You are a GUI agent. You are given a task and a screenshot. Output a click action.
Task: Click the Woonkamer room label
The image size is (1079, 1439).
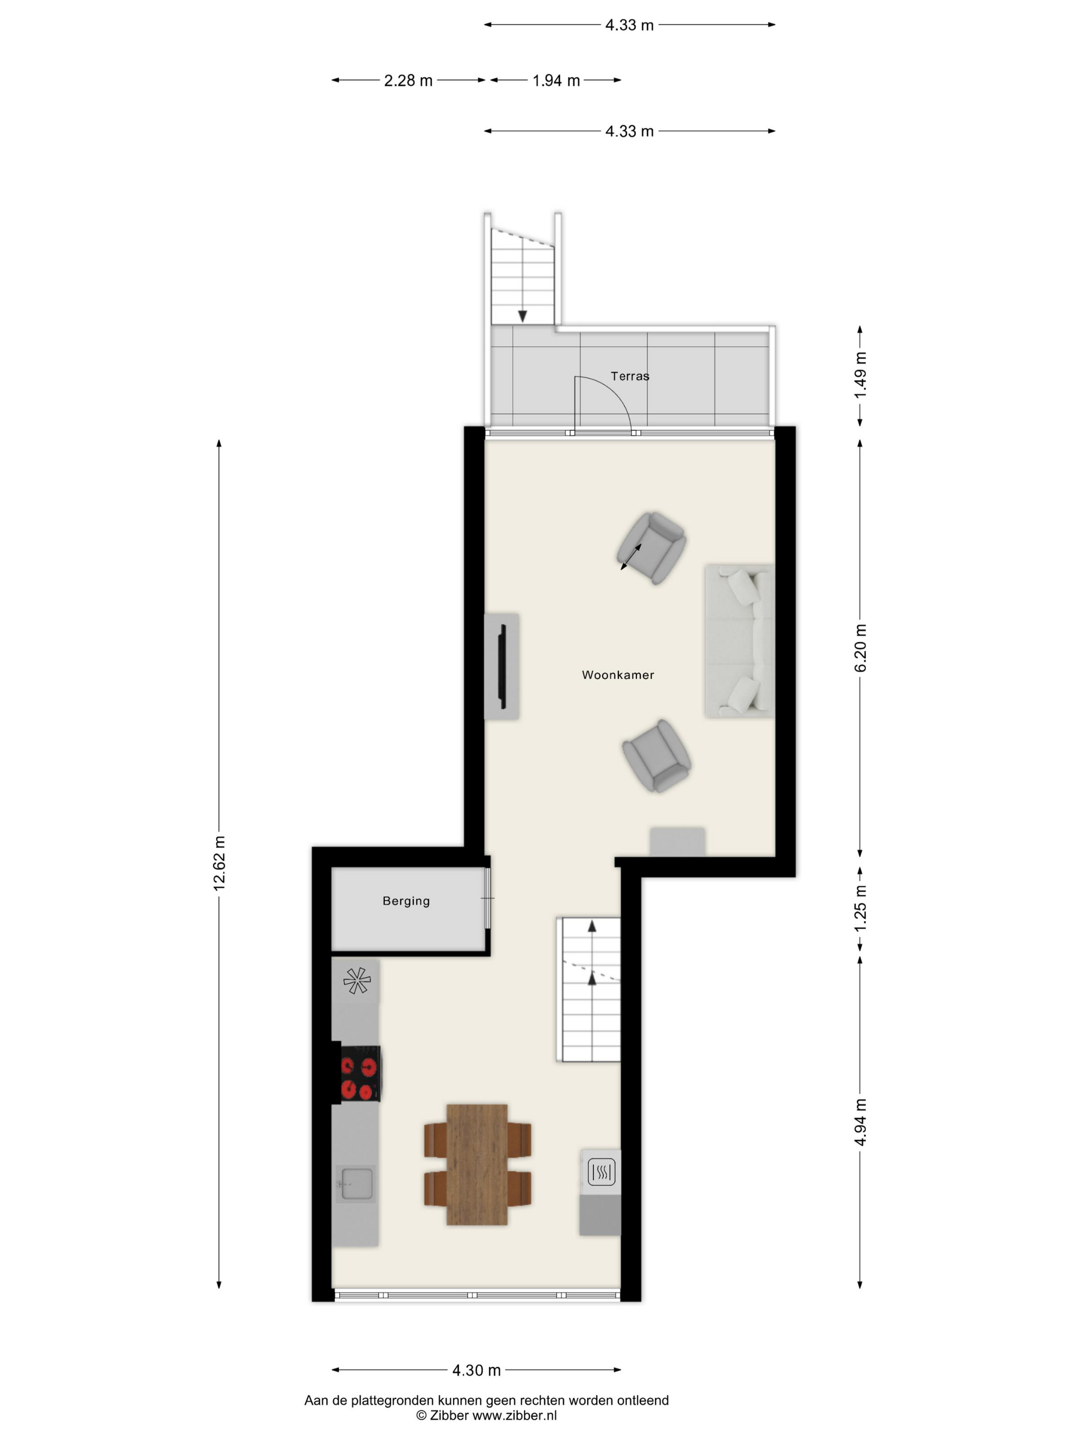point(617,675)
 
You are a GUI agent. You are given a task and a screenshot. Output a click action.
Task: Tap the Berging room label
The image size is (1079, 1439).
point(406,901)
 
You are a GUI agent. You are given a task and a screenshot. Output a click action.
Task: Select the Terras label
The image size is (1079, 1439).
point(629,376)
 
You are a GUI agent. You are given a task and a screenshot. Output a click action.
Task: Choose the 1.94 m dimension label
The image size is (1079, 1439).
point(556,81)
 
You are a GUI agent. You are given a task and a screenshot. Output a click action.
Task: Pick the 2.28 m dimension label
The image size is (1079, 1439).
point(408,81)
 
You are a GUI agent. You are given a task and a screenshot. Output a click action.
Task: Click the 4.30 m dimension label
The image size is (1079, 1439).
point(477,1370)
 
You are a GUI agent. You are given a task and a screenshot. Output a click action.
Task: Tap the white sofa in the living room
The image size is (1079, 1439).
point(739,641)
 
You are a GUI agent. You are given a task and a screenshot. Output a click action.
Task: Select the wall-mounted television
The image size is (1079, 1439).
point(502,666)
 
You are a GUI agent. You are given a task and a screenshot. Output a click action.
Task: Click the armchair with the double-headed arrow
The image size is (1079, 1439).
point(652,548)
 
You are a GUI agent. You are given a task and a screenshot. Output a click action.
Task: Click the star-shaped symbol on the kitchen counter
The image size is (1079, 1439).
point(357,981)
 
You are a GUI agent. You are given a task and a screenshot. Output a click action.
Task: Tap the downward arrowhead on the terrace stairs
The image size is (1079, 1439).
point(522,316)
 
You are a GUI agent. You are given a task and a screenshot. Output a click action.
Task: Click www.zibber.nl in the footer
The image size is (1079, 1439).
point(514,1415)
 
